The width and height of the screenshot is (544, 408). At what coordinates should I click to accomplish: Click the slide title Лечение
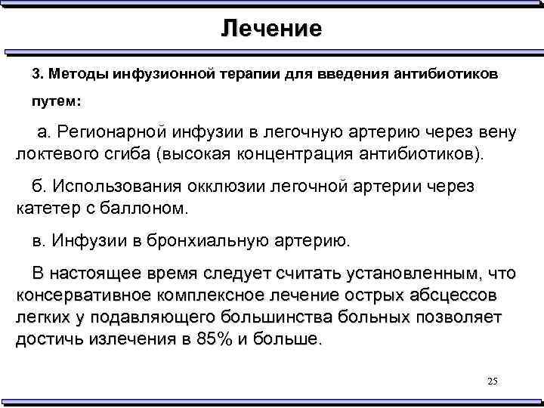pos(271,29)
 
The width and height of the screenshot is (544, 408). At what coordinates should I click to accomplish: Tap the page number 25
pos(493,381)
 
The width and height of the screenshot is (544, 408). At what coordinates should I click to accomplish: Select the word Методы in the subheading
pos(78,76)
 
